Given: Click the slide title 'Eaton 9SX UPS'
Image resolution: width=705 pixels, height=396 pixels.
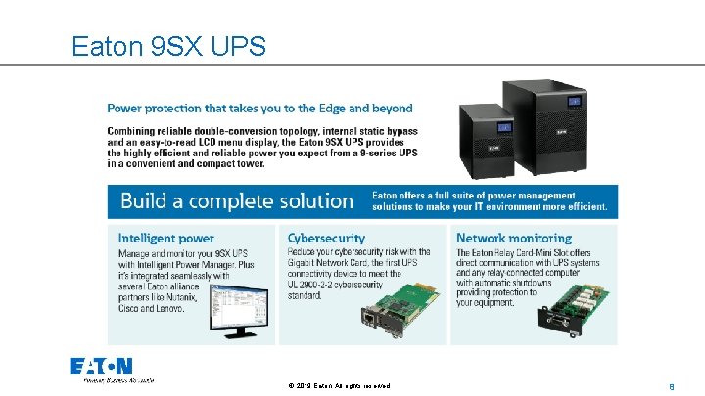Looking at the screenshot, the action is (168, 46).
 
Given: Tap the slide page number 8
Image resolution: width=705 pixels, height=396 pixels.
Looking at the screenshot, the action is (672, 387).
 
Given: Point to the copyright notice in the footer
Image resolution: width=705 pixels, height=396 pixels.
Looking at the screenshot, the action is (340, 387).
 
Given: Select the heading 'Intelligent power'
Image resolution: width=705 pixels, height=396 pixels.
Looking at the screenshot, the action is (165, 238).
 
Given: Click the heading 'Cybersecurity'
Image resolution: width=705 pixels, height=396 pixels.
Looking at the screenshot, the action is (326, 238).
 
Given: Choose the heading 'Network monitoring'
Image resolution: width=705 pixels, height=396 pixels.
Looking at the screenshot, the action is (514, 238).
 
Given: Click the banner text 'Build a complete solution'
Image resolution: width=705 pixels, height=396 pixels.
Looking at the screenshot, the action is (236, 201).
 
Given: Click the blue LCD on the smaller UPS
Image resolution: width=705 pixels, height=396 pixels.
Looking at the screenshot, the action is (505, 125).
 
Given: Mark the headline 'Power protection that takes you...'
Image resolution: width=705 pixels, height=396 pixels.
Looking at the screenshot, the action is (259, 109).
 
